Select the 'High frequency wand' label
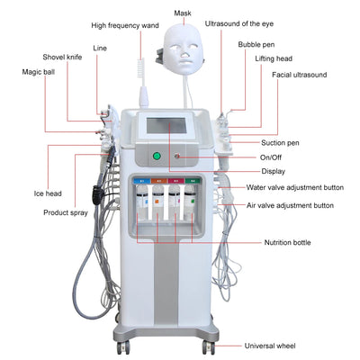point(138,27)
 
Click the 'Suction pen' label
point(281,142)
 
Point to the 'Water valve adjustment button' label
point(295,187)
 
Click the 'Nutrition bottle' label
point(288,242)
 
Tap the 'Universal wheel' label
point(288,345)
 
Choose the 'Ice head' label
point(48,192)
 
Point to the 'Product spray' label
point(65,212)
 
